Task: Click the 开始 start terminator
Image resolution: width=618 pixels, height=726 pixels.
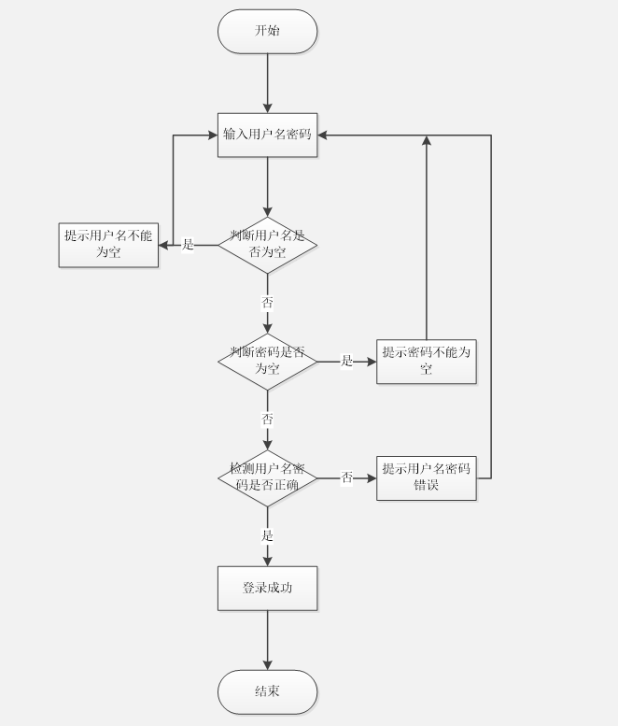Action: (x=267, y=31)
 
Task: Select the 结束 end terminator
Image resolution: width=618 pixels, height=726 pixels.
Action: (x=267, y=691)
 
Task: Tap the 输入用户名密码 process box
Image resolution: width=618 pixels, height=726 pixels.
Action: (x=267, y=135)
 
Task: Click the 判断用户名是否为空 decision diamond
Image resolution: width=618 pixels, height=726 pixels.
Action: (x=267, y=245)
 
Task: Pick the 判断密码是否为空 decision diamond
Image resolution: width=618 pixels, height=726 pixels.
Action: (x=267, y=362)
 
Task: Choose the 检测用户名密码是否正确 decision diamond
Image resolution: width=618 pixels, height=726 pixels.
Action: (x=267, y=477)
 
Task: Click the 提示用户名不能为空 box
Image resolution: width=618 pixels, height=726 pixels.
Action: (x=108, y=245)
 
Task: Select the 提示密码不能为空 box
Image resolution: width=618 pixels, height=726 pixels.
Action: (x=426, y=362)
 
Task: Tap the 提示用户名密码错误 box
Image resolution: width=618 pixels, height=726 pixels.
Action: (x=426, y=477)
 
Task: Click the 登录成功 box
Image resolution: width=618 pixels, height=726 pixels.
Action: (x=267, y=588)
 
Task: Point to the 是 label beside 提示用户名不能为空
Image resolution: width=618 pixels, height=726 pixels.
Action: (x=188, y=245)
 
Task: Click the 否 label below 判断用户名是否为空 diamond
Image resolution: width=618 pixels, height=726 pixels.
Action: (x=267, y=303)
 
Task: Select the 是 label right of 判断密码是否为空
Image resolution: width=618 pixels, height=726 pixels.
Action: (x=346, y=362)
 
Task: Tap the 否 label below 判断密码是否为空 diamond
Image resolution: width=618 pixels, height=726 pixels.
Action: (x=267, y=420)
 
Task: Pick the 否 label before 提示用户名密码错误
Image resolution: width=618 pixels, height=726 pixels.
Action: (x=346, y=477)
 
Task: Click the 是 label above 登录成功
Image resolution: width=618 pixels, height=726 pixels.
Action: (x=267, y=535)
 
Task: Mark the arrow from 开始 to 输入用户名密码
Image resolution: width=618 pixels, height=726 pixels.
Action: (x=267, y=84)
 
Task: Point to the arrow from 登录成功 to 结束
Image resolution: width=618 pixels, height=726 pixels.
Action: (x=267, y=640)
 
